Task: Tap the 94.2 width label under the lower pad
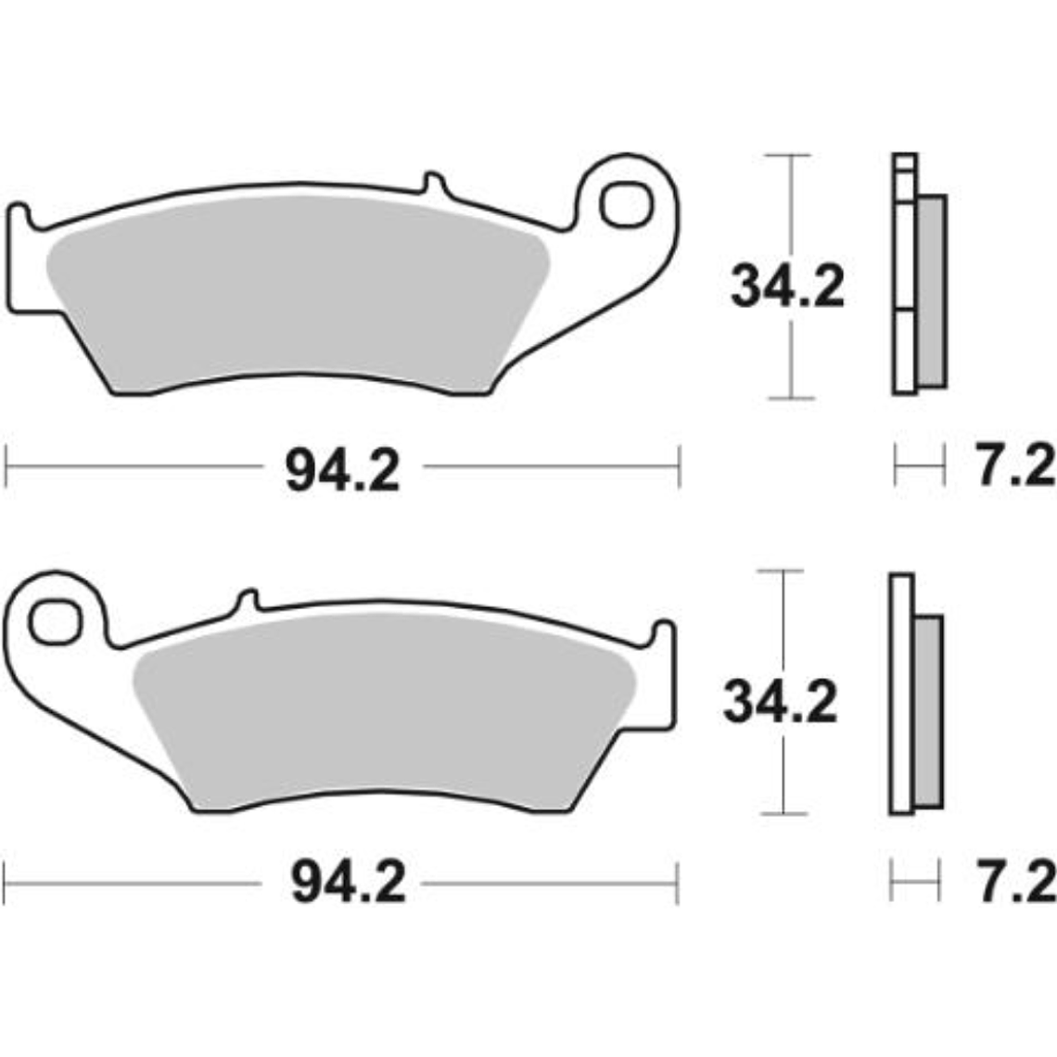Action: click(x=348, y=883)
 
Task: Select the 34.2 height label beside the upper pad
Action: click(x=787, y=287)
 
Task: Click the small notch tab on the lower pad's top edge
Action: click(x=247, y=600)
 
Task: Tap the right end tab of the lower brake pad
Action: click(x=664, y=636)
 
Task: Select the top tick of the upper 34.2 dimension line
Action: click(x=789, y=155)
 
